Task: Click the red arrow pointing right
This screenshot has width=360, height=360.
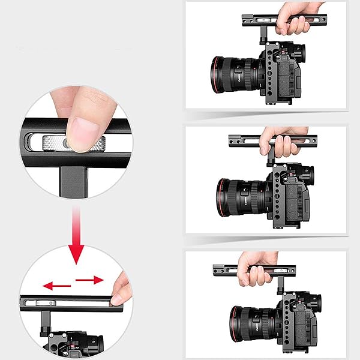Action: click(90, 280)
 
